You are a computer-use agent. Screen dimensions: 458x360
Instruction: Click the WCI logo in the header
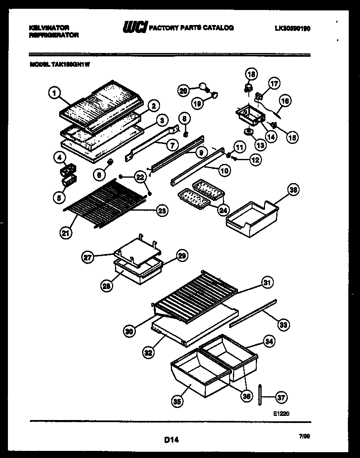pos(134,28)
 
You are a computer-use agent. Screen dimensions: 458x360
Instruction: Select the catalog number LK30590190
pos(293,28)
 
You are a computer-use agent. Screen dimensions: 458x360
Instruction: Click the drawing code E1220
pos(281,413)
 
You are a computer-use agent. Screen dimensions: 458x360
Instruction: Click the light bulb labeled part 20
pos(203,86)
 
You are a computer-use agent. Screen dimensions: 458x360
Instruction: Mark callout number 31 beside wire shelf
pos(267,283)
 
